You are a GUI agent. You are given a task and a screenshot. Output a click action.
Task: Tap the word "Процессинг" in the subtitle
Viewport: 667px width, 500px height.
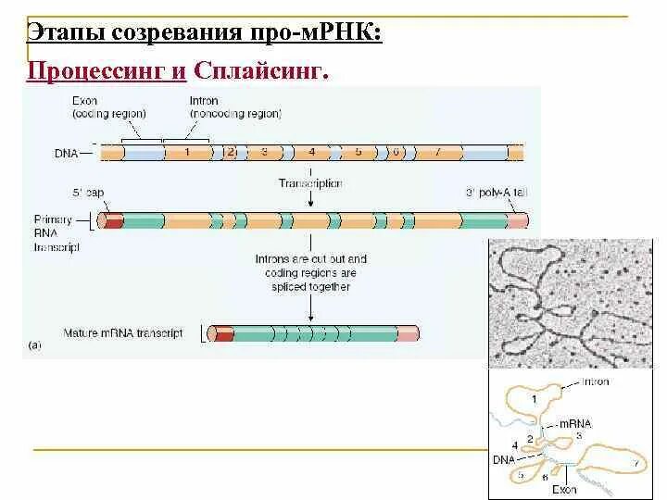tap(99, 70)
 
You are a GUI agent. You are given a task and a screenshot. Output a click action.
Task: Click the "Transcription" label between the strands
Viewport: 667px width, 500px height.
tap(310, 183)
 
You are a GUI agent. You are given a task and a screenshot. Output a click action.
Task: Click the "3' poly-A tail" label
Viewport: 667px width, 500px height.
tap(497, 193)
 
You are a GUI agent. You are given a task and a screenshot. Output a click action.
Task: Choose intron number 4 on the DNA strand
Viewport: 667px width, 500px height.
tap(312, 150)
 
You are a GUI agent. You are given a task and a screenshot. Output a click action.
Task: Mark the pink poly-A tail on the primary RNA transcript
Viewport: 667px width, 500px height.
tap(518, 221)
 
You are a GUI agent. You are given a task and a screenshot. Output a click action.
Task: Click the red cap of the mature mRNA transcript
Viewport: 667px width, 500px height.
tap(222, 333)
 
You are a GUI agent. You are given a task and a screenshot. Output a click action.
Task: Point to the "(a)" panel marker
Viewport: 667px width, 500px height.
tap(35, 345)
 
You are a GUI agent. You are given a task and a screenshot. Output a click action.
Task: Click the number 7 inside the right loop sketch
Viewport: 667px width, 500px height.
tap(635, 460)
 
